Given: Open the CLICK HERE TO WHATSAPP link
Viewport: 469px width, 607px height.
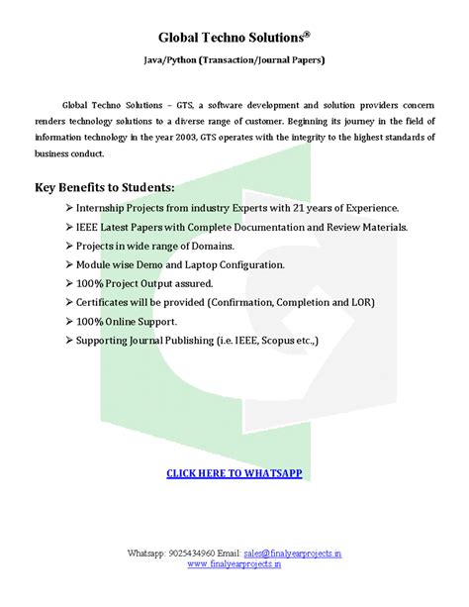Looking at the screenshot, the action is coord(233,473).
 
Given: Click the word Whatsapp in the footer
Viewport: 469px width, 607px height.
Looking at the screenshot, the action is coord(147,552).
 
